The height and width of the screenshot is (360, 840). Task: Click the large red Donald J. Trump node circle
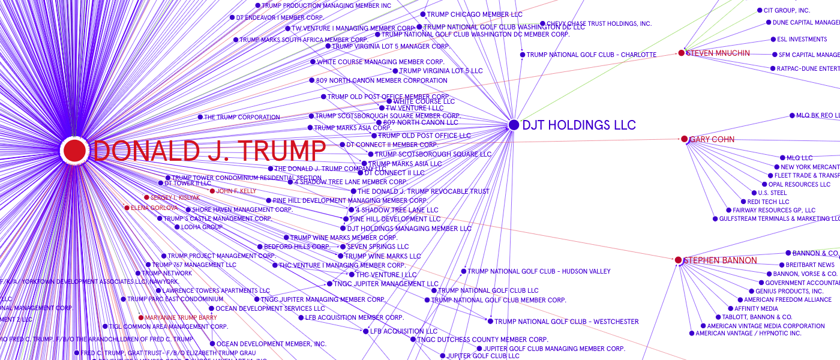tap(74, 150)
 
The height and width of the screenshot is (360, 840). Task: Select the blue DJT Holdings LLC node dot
tap(514, 125)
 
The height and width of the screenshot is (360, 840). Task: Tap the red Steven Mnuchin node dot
tap(681, 53)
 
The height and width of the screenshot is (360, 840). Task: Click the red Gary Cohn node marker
tap(684, 139)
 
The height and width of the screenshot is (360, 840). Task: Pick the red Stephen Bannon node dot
tap(678, 260)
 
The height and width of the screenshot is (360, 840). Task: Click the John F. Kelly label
tap(236, 191)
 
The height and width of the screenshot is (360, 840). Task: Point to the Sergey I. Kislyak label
tap(175, 197)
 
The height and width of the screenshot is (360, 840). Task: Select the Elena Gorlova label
tap(154, 208)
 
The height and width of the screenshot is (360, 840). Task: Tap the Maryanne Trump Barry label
tap(181, 317)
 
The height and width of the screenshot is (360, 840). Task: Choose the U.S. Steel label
tap(772, 193)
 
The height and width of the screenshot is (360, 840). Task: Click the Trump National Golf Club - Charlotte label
tap(591, 55)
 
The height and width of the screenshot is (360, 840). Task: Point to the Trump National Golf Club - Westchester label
tap(566, 322)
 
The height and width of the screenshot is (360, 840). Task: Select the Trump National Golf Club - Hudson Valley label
tap(539, 271)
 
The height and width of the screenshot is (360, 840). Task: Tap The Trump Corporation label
tap(242, 117)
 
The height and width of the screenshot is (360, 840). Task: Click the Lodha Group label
tap(202, 227)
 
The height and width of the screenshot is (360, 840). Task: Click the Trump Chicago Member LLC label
tap(475, 14)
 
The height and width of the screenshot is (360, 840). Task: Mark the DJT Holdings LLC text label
tap(578, 125)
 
